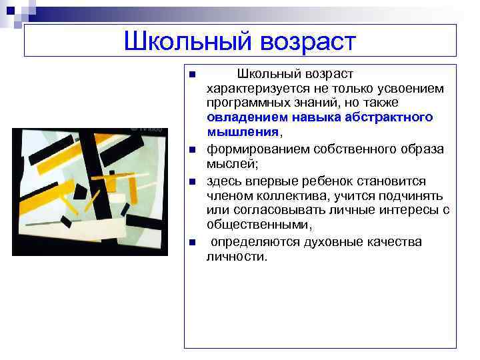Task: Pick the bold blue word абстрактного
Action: pyautogui.click(x=391, y=117)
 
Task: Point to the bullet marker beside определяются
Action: pyautogui.click(x=191, y=242)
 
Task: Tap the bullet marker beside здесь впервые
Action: pyautogui.click(x=191, y=182)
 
